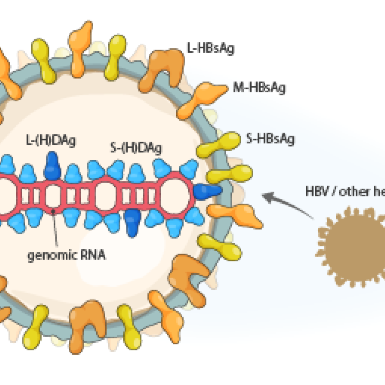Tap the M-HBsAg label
259,88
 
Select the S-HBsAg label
270,139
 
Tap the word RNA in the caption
92,256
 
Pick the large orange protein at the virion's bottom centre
88,319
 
